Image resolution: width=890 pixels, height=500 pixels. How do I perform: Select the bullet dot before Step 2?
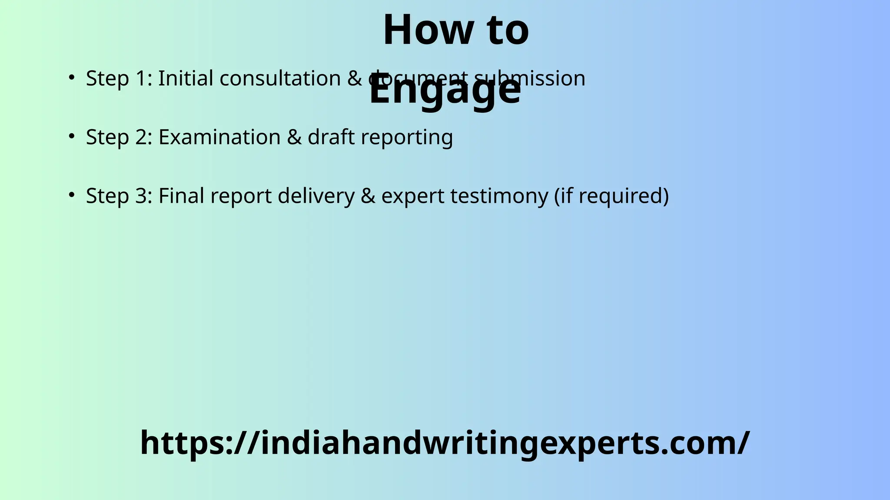point(72,136)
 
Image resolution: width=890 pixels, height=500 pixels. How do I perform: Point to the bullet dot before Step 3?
point(72,195)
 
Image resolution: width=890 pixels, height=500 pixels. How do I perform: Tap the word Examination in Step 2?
point(219,137)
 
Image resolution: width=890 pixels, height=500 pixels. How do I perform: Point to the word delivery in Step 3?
point(316,196)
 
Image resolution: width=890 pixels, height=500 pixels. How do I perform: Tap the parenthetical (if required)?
point(611,196)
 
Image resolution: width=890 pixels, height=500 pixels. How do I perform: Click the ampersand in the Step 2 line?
point(294,137)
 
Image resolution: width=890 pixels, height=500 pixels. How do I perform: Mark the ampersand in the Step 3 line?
point(368,196)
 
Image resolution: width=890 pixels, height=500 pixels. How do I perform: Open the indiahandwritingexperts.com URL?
point(445,443)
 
